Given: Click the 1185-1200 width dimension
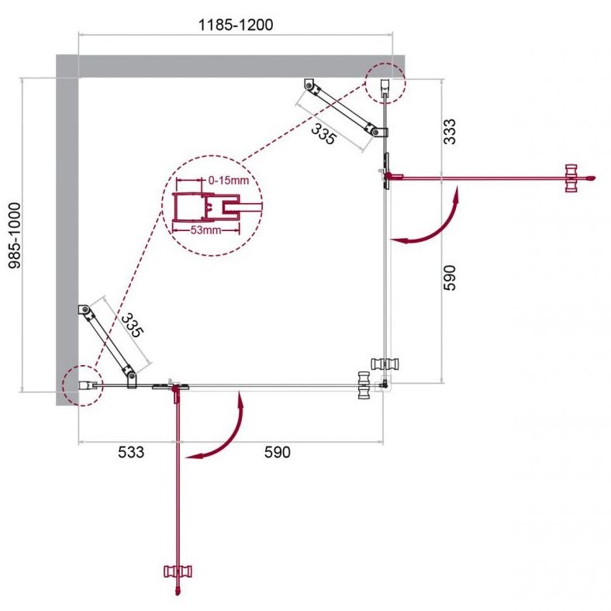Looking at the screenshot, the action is click(236, 25).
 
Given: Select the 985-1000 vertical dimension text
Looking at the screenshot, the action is click(15, 236).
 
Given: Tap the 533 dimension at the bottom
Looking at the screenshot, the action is click(131, 452).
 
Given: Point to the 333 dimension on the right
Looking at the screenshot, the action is click(449, 132).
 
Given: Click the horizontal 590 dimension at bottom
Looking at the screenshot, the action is click(277, 452).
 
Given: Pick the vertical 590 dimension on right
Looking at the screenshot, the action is click(449, 278).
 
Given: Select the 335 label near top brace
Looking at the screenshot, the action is click(323, 133).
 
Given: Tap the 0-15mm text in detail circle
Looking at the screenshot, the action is click(228, 181).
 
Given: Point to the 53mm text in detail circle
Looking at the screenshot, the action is click(205, 230).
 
